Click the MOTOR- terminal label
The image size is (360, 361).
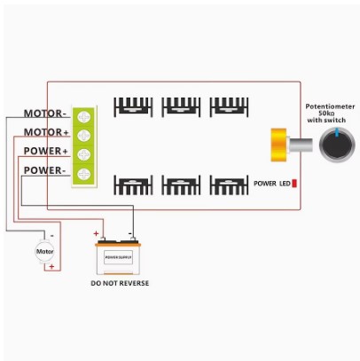pos(45,114)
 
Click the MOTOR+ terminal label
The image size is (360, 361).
pos(45,132)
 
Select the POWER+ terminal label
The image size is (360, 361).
pos(45,151)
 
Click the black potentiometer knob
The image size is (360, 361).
pos(335,143)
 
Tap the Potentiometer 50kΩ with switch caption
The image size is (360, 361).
pos(331,113)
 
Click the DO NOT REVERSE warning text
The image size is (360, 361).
pos(120,284)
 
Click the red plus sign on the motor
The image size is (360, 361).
pos(51,266)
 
